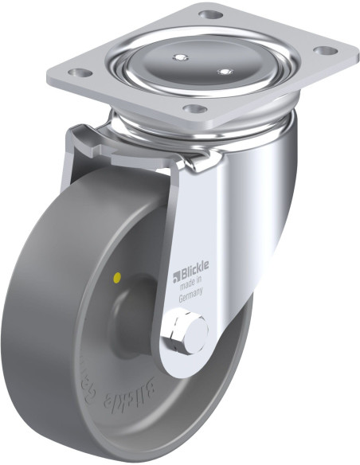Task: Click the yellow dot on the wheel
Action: pyautogui.click(x=118, y=279)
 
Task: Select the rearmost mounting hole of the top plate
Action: pyautogui.click(x=209, y=14)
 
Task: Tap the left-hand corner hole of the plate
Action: pyautogui.click(x=76, y=73)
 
